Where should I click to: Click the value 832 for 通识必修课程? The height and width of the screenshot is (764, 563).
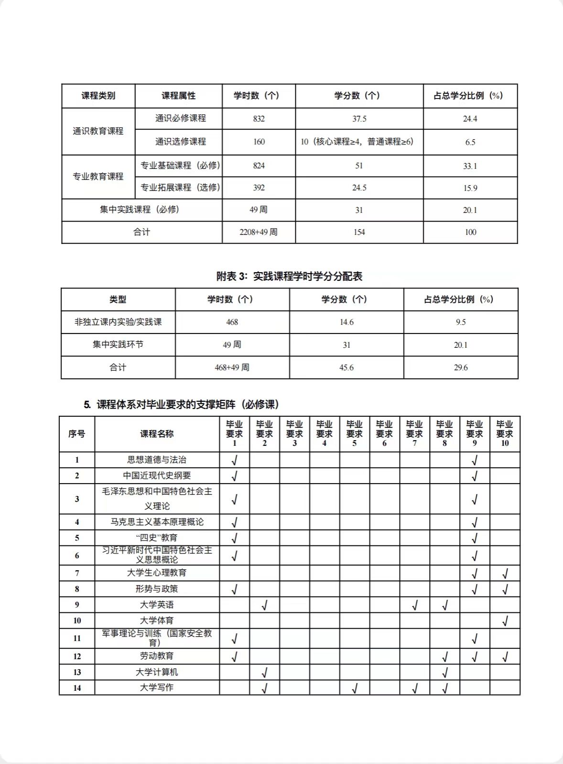point(259,119)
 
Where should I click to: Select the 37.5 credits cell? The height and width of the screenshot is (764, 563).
point(359,119)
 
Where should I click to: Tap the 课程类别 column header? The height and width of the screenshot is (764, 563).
point(98,96)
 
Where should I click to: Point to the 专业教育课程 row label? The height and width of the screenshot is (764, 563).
point(98,177)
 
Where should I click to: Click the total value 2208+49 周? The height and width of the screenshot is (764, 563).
point(259,232)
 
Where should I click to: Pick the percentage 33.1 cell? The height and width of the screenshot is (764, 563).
point(470,166)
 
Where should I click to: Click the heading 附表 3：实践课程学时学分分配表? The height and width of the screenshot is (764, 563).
point(289,276)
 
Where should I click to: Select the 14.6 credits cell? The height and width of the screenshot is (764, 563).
point(346,322)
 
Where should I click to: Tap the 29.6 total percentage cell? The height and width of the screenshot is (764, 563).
point(461,367)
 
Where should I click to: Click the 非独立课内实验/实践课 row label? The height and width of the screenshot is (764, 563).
point(118,322)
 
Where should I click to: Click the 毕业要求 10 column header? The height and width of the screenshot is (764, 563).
point(505,433)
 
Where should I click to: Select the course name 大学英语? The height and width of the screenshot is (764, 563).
point(157,605)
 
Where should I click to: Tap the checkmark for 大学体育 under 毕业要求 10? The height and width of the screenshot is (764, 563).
point(505,621)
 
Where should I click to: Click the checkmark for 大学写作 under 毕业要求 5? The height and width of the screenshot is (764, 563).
point(354,688)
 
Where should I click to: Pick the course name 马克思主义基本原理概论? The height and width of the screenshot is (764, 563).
point(157,522)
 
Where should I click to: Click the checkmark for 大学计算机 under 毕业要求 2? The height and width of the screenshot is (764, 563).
point(264,673)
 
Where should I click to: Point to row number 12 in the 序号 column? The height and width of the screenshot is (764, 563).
point(77,656)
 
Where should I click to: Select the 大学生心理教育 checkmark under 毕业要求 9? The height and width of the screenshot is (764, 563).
point(475,573)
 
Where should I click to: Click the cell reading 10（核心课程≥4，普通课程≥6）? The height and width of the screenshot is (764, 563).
point(357,142)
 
